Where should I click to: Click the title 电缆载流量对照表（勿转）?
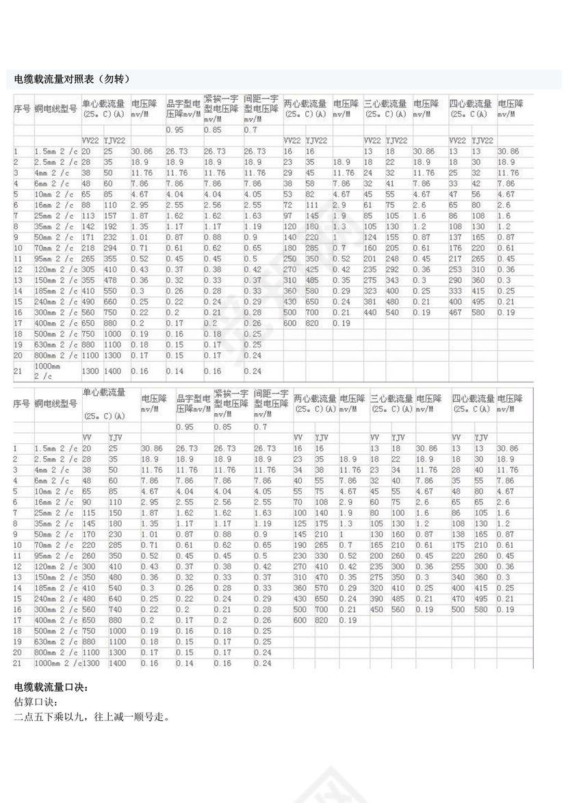[x=72, y=79]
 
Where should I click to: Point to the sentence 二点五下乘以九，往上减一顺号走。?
[x=92, y=718]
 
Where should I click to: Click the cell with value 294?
[x=112, y=247]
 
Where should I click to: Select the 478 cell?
[x=112, y=280]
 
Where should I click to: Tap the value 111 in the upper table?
[x=313, y=204]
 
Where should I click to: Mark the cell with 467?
[x=456, y=312]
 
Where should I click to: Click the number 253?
[x=456, y=269]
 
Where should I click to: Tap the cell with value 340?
[x=457, y=577]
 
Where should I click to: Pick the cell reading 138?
[x=457, y=533]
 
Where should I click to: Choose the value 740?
[x=116, y=609]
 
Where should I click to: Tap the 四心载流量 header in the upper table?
[x=470, y=104]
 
